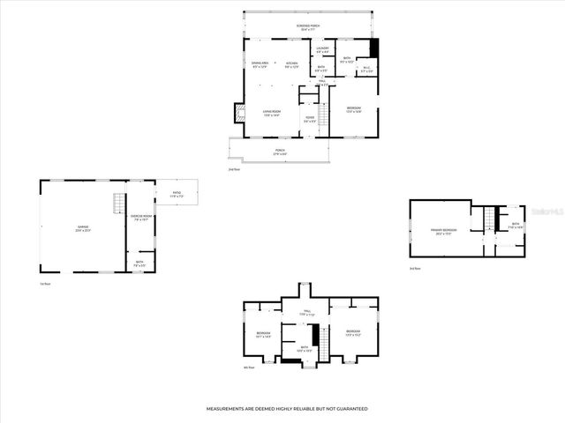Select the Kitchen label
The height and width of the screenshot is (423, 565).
click(291, 63)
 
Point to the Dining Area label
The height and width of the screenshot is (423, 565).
click(260, 63)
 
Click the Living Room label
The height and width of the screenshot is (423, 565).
click(271, 111)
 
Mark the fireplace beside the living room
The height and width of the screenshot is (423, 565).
click(237, 113)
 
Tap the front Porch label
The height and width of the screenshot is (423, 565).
click(280, 151)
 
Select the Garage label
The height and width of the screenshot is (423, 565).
click(83, 227)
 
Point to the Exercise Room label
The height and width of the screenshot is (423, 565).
click(141, 217)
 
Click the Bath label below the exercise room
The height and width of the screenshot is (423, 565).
click(139, 262)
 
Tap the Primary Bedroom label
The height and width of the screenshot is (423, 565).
click(443, 231)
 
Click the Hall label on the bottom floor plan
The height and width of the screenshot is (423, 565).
click(307, 312)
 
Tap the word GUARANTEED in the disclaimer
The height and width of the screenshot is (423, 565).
click(350, 409)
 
